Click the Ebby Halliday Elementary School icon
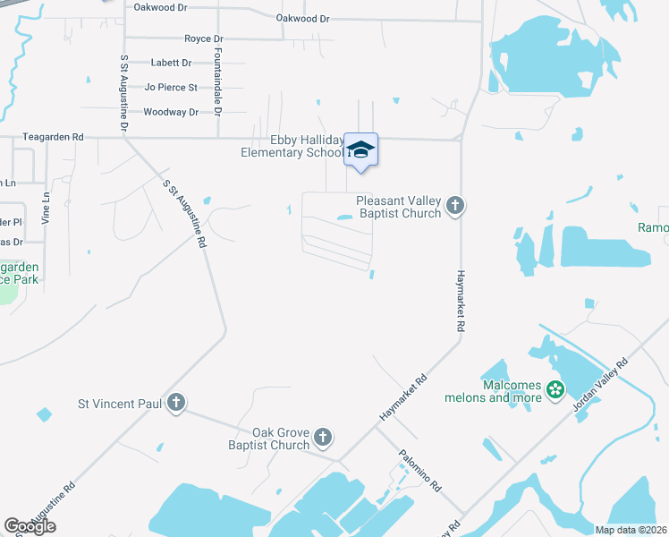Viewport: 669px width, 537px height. (x=360, y=149)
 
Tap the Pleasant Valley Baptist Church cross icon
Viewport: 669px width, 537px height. (x=455, y=207)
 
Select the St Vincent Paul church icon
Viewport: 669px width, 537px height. (x=176, y=404)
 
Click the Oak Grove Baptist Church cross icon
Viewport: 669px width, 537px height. (x=323, y=438)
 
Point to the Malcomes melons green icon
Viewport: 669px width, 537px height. (x=555, y=389)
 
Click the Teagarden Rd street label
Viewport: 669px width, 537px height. (x=54, y=137)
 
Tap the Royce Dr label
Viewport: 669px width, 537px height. (x=203, y=39)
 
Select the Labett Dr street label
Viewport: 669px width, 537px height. (x=172, y=63)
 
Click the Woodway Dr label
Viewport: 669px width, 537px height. (x=171, y=112)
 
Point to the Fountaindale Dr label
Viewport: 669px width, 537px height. (x=217, y=81)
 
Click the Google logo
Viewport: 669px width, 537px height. (x=30, y=526)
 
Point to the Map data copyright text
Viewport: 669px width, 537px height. (x=631, y=530)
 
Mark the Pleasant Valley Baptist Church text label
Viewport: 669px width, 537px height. (x=399, y=207)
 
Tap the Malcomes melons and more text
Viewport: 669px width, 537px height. (x=494, y=391)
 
